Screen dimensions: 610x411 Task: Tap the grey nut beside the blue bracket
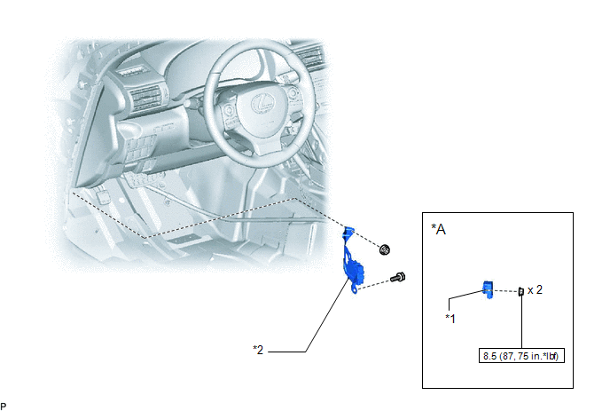(385, 249)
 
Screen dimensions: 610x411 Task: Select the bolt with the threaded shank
(397, 278)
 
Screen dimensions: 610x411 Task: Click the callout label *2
(258, 350)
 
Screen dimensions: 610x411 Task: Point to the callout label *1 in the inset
(450, 319)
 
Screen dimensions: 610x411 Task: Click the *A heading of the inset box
(438, 229)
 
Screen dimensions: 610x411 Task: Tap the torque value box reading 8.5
(521, 356)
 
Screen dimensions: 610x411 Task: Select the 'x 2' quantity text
(535, 290)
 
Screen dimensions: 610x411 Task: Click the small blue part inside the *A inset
(488, 289)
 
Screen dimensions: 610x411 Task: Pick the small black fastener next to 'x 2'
(521, 291)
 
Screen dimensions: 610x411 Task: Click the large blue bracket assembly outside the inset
(353, 260)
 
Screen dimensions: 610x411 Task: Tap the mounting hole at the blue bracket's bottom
(354, 289)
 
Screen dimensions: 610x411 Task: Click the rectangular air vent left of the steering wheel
(145, 98)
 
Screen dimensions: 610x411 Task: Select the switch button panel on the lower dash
(142, 146)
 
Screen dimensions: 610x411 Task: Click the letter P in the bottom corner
(4, 407)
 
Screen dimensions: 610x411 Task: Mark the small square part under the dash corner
(103, 196)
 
